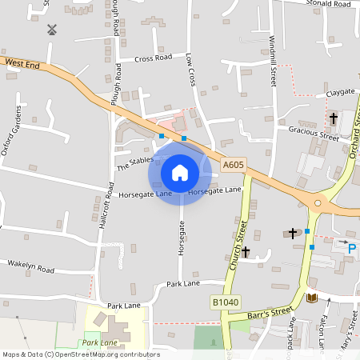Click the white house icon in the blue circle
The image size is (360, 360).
[180, 172]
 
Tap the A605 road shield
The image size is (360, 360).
[233, 165]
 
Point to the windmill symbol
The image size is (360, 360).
[53, 30]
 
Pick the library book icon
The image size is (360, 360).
[311, 298]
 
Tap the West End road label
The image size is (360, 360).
[21, 62]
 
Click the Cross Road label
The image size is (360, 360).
[153, 58]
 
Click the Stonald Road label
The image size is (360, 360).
[328, 4]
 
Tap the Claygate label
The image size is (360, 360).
[340, 94]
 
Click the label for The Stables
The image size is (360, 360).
[134, 163]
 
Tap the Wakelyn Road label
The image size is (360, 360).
[30, 266]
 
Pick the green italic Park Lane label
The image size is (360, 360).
[99, 342]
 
